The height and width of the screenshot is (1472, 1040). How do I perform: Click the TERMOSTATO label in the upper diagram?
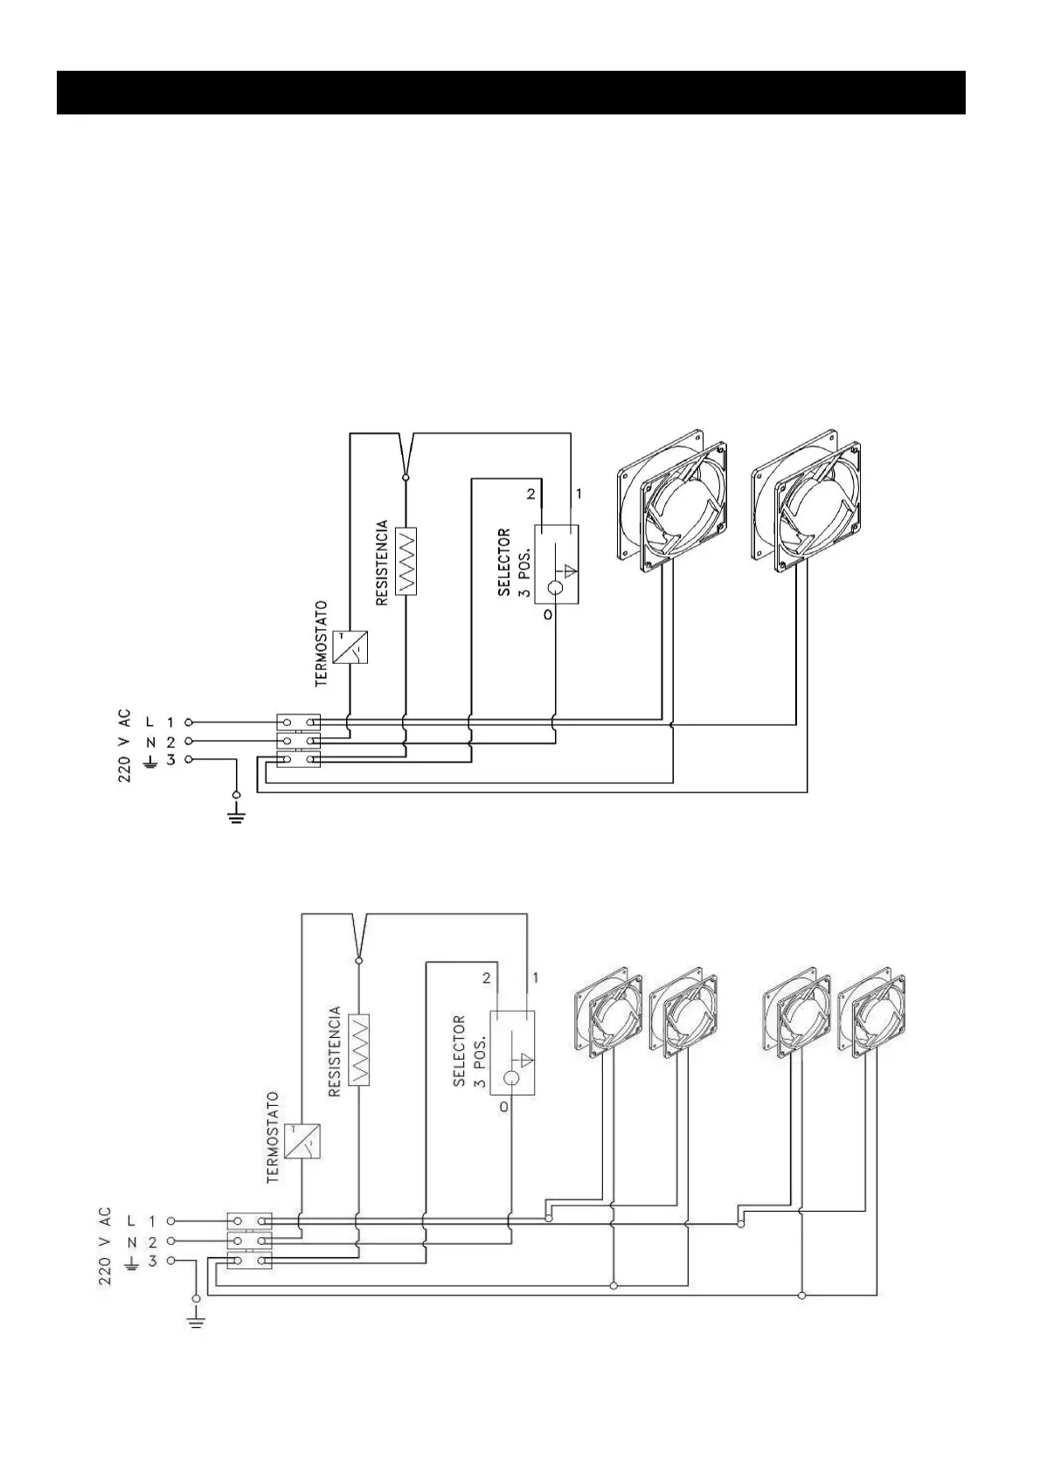tap(321, 643)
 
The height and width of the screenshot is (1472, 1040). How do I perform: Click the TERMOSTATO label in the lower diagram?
tap(273, 1137)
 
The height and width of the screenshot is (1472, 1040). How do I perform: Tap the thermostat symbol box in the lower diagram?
tap(303, 1141)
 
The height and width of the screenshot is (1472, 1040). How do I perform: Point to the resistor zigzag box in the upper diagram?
tap(406, 560)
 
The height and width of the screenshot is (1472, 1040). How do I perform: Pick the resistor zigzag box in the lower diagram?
tap(358, 1049)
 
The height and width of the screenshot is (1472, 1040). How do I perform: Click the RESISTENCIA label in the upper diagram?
tap(382, 563)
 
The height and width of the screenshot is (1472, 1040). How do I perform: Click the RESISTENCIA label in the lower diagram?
tap(334, 1052)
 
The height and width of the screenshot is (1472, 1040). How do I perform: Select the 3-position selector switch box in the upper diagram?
tap(557, 564)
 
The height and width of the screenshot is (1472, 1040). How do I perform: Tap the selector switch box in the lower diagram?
tap(511, 1053)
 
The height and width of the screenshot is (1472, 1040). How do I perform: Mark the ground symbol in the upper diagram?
tap(236, 816)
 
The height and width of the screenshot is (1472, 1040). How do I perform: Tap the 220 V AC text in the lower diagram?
tap(104, 1246)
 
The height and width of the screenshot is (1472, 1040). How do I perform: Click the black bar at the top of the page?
tap(510, 93)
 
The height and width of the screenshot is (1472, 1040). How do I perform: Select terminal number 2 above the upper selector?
tap(530, 494)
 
